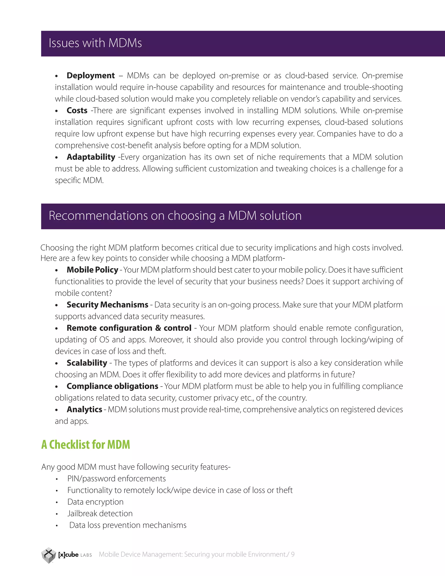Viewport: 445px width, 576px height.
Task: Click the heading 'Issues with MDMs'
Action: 95,43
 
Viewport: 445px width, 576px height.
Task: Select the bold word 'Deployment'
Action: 91,76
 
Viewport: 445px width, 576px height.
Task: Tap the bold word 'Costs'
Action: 77,110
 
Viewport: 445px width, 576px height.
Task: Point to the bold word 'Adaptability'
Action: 91,157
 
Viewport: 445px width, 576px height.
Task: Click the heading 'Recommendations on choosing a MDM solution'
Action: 175,216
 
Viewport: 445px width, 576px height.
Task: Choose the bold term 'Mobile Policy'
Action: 92,270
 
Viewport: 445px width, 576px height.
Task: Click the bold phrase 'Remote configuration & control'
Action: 129,328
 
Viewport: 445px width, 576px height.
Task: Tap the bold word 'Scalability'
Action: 87,363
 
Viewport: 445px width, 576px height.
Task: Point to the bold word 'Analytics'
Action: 84,410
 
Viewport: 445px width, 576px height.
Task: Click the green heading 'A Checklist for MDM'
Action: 86,445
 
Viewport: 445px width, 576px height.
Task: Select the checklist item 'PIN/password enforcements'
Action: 116,479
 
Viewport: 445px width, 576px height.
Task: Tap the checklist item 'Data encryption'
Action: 95,502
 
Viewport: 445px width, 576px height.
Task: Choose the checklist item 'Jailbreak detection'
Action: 100,513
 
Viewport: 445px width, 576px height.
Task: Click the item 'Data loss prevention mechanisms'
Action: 128,525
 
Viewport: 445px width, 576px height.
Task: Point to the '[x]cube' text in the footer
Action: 68,555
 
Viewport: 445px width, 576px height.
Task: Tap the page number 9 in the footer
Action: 293,554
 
